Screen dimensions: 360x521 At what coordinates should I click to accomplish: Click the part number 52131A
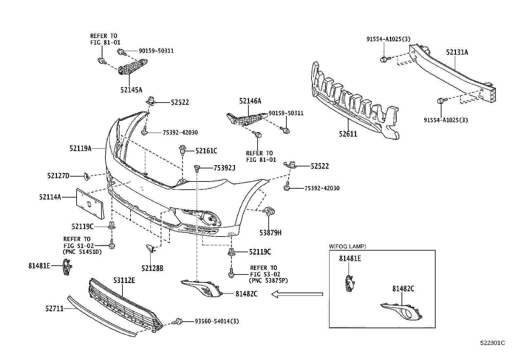coord(457,52)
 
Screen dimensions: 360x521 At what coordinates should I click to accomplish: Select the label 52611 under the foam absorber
coord(348,134)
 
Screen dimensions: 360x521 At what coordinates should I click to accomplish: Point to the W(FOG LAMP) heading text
coord(347,246)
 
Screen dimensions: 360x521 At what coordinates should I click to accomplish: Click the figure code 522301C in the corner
coord(493,343)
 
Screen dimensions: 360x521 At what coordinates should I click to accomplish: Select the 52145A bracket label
coord(131,90)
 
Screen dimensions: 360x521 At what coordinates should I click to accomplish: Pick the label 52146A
coord(250,101)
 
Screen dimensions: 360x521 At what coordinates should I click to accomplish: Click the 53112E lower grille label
coord(124,280)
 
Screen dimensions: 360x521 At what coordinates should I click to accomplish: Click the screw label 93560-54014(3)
coord(217,321)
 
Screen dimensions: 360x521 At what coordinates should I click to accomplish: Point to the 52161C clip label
coord(206,151)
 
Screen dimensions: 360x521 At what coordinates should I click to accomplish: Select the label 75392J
coord(225,168)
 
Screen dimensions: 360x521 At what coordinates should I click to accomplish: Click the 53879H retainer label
coord(270,233)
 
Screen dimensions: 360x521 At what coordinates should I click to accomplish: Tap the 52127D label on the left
coord(58,176)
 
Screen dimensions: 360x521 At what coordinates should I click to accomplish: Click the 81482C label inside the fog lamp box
coord(403,289)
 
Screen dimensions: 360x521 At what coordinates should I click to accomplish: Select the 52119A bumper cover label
coord(80,148)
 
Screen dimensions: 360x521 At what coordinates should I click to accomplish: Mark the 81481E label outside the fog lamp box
coord(39,266)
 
